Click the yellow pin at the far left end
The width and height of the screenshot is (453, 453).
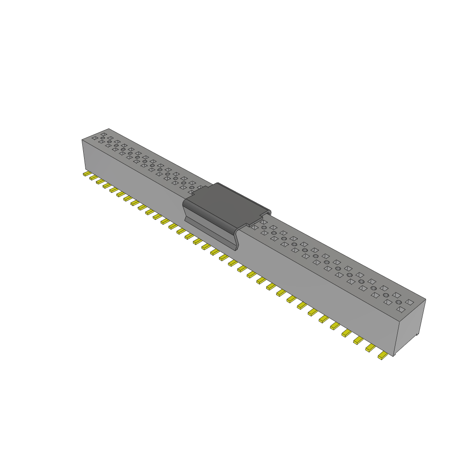point(87,174)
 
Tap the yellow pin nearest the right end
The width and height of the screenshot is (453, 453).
point(382,356)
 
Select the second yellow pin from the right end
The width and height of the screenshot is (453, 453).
point(370,348)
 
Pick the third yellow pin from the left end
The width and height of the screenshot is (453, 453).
point(100,182)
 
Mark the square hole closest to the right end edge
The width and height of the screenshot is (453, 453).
point(410,302)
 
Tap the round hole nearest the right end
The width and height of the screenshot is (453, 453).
point(399,302)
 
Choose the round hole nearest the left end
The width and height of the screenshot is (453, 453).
point(103,138)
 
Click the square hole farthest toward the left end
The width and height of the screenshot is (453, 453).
point(94,138)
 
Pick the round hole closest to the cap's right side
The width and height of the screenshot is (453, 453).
point(264,227)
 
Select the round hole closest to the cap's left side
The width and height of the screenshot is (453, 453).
point(192,188)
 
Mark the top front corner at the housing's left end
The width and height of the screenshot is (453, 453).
point(82,140)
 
